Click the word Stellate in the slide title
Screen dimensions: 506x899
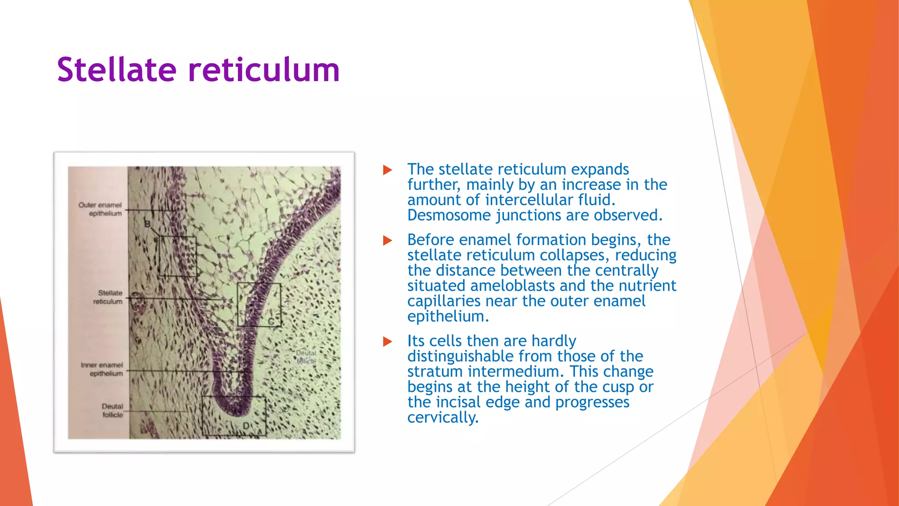(x=117, y=70)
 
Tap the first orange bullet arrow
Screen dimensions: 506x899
(x=387, y=170)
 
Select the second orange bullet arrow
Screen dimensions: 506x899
(x=387, y=240)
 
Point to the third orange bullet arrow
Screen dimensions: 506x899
(x=387, y=341)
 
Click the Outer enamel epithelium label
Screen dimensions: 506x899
(x=101, y=209)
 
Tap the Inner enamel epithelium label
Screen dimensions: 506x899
(x=102, y=369)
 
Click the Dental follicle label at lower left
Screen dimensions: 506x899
(x=112, y=410)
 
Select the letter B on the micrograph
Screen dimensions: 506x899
(x=147, y=224)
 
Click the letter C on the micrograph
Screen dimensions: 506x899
(x=271, y=322)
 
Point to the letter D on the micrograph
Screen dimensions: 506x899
(x=247, y=426)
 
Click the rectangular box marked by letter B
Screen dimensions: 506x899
(x=177, y=256)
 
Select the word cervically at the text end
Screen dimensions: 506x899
(x=442, y=417)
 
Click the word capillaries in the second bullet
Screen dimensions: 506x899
(x=444, y=301)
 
